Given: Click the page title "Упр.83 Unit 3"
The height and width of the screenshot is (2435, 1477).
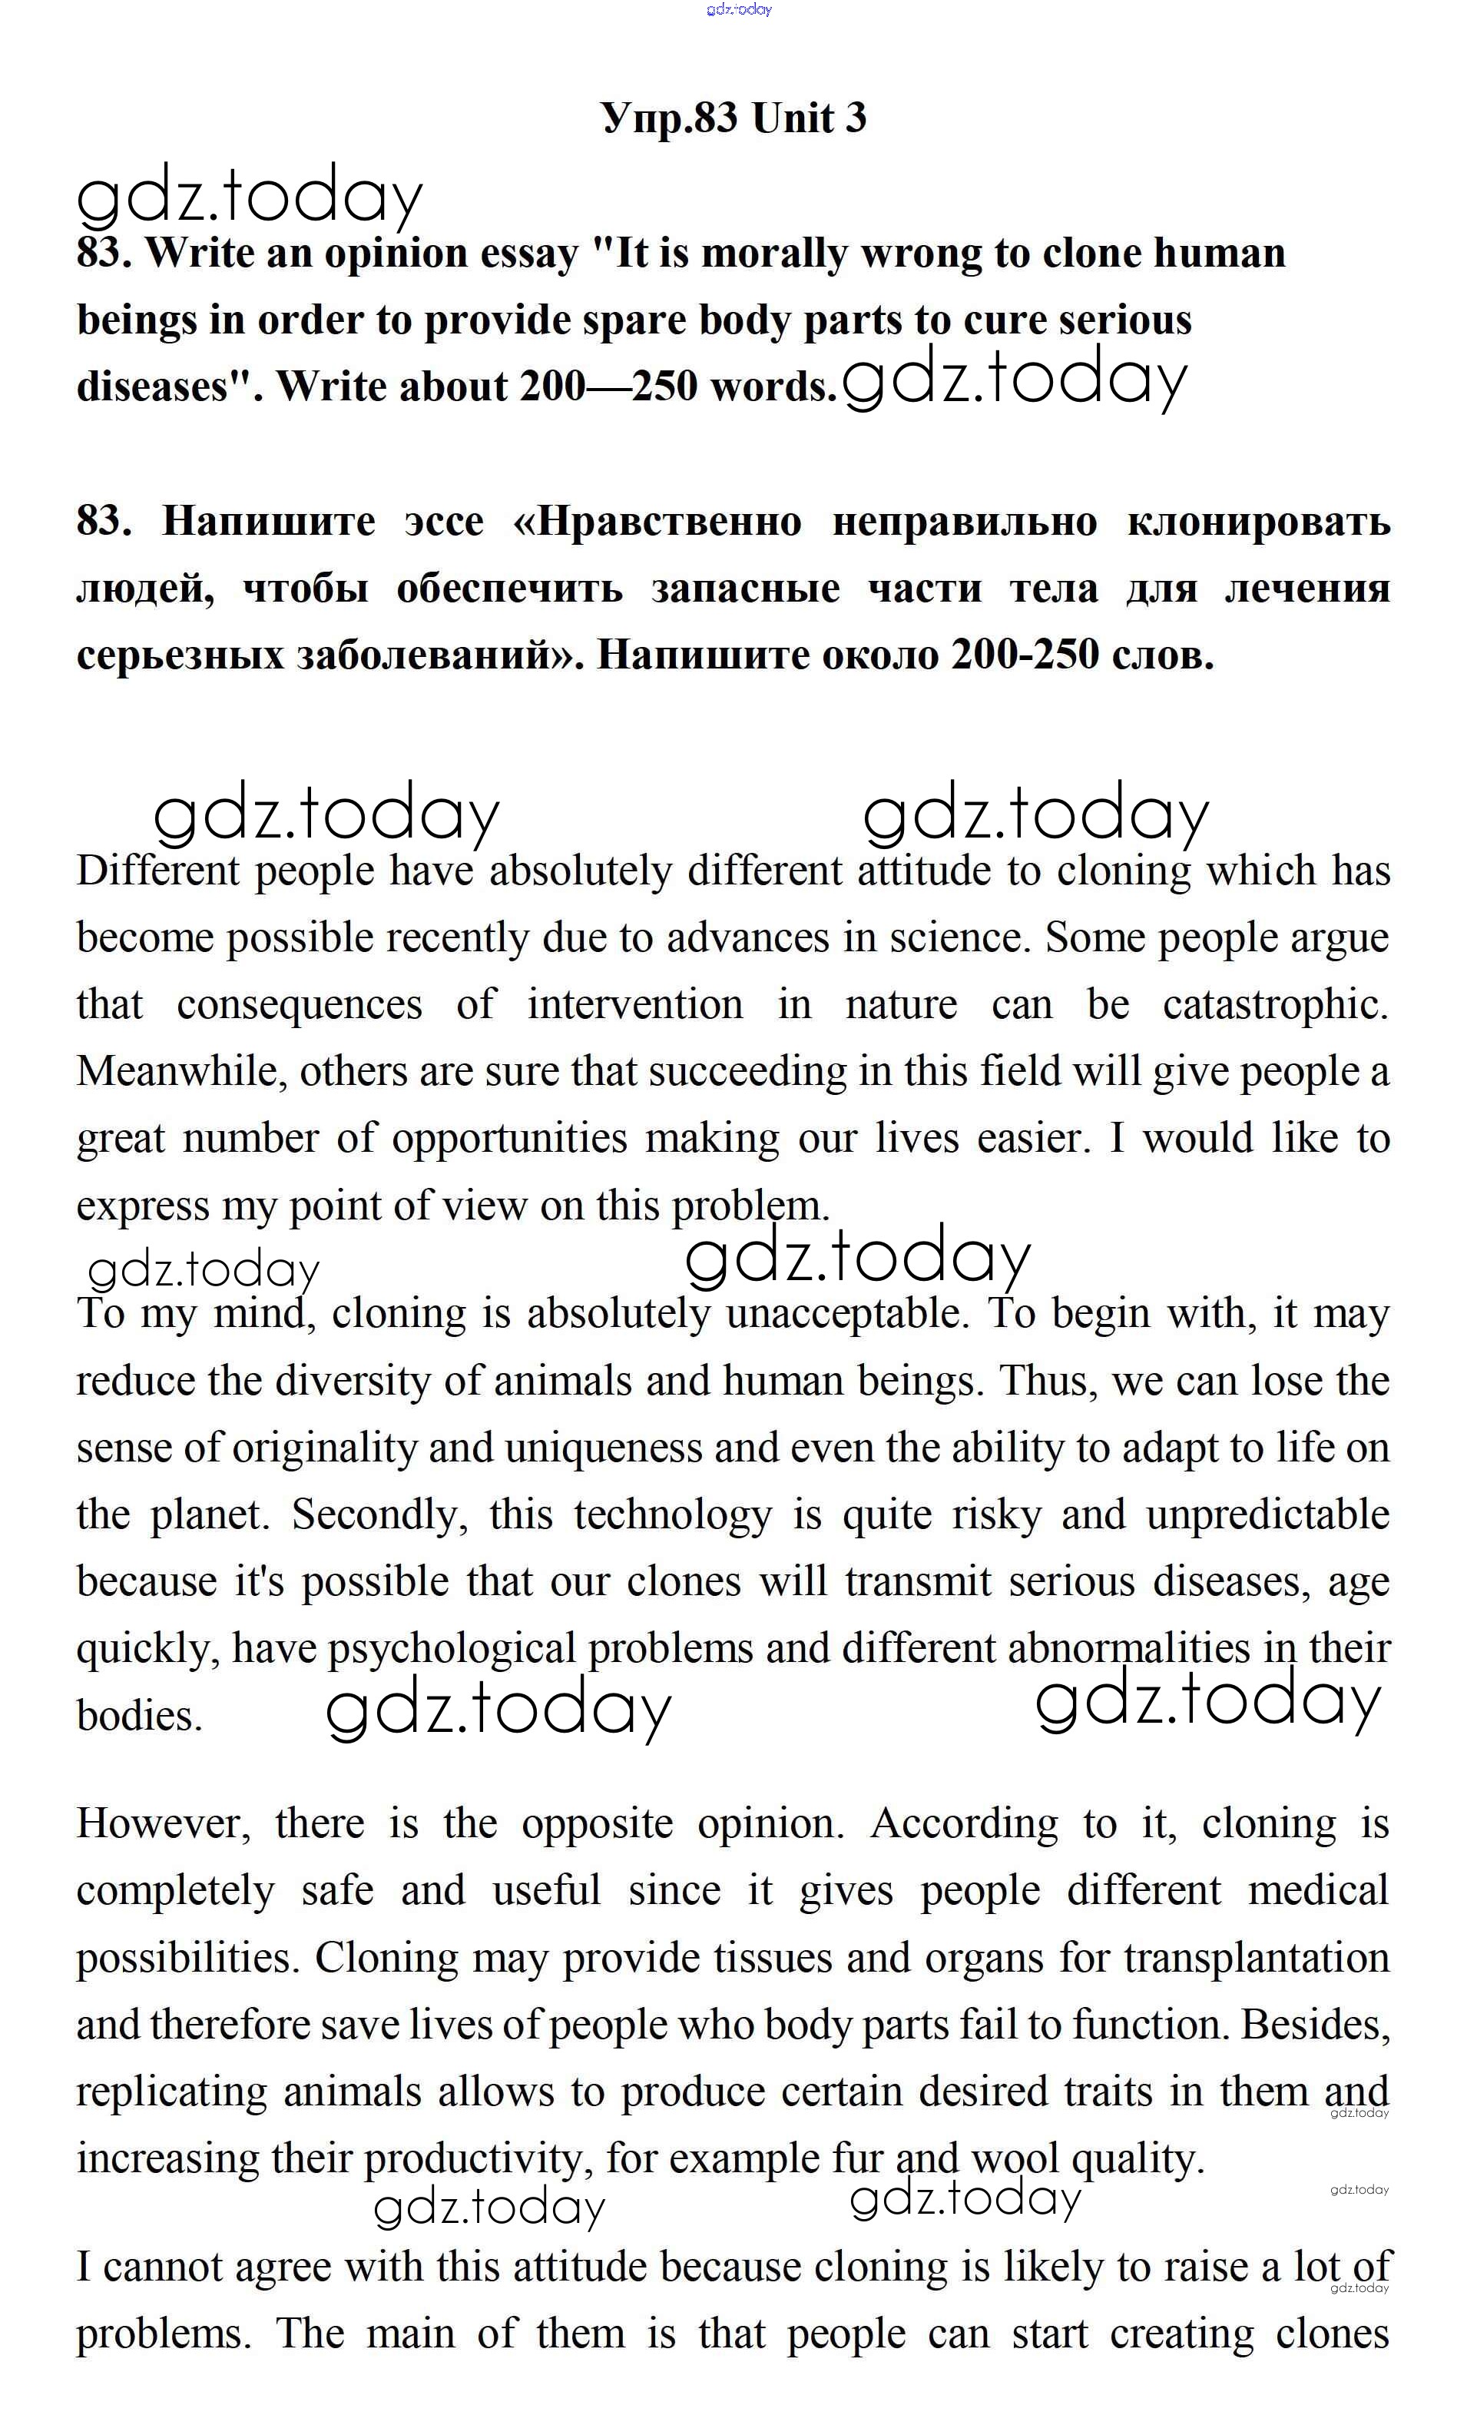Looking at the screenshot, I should (733, 118).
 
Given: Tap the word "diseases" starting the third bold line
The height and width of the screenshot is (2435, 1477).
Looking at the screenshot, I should (153, 386).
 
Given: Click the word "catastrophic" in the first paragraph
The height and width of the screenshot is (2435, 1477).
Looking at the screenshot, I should (1273, 1005).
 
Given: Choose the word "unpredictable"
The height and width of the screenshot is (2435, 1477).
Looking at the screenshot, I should (1267, 1516).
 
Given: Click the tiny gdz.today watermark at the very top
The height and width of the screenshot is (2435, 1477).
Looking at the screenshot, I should (739, 10).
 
